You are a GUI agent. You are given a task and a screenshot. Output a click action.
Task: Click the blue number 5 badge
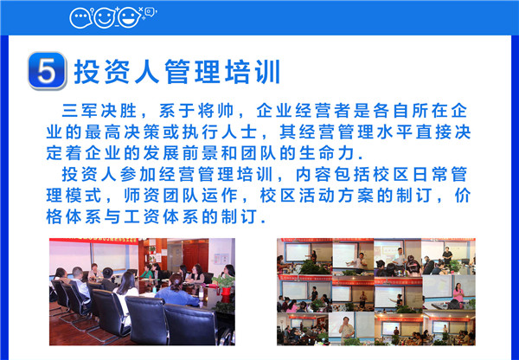click(x=47, y=71)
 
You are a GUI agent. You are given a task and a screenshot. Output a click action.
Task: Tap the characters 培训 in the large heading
click(x=253, y=72)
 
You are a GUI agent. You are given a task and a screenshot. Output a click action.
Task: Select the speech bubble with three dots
click(x=80, y=18)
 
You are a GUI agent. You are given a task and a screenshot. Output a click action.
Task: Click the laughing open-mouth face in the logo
click(x=130, y=17)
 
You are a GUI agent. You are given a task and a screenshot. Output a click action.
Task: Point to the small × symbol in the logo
click(x=140, y=10)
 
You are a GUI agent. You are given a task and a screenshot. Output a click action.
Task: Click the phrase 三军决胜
click(x=99, y=111)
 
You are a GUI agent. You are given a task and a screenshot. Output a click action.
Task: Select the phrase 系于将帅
click(x=196, y=111)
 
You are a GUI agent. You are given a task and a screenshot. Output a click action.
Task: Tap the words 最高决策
click(x=120, y=132)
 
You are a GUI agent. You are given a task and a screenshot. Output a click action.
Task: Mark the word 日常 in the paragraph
click(x=430, y=175)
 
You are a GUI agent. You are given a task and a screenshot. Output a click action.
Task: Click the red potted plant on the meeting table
click(x=226, y=286)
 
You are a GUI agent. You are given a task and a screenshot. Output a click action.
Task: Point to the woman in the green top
click(x=146, y=273)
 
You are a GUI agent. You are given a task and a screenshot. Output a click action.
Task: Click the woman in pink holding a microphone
click(x=458, y=292)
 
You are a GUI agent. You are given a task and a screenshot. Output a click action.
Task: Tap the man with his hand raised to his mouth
click(x=346, y=327)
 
